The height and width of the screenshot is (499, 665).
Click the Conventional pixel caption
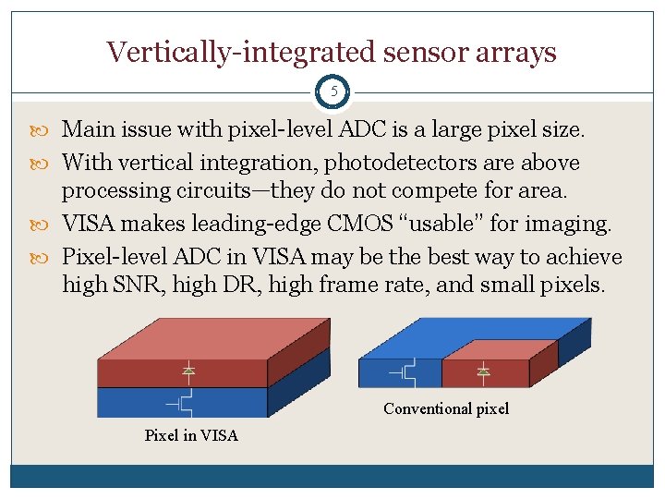[446, 408]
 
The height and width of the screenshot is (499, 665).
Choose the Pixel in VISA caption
[191, 435]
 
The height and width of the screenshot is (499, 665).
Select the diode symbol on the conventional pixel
[481, 371]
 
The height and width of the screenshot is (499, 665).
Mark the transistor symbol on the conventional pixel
[403, 372]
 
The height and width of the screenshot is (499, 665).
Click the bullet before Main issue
[48, 129]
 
